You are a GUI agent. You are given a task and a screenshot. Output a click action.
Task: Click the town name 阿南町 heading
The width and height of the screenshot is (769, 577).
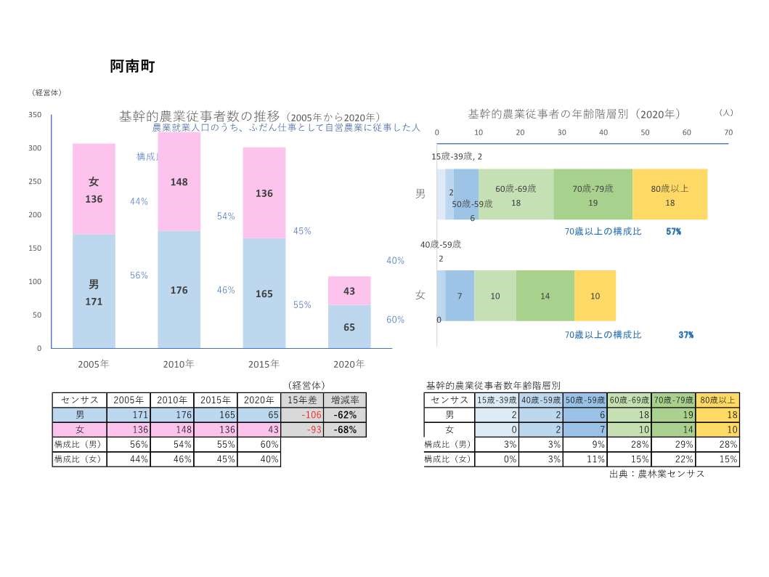(x=132, y=67)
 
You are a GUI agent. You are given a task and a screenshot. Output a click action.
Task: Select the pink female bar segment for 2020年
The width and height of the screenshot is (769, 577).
(x=349, y=291)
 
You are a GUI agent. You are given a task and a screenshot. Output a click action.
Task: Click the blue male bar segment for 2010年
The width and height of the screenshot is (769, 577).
(x=179, y=289)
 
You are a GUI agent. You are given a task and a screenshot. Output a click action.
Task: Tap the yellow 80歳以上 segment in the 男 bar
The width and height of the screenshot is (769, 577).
(x=670, y=194)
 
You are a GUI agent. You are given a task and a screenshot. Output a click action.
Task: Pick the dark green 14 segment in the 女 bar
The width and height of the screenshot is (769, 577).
(x=545, y=296)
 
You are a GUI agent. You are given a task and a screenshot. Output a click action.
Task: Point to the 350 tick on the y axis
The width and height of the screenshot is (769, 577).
(x=35, y=115)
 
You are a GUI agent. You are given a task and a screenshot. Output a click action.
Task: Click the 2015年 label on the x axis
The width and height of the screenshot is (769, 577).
(x=264, y=363)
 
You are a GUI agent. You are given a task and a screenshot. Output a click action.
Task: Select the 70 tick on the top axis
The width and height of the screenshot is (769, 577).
(x=728, y=132)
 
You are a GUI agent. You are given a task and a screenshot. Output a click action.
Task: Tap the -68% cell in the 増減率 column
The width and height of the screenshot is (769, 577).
(x=344, y=429)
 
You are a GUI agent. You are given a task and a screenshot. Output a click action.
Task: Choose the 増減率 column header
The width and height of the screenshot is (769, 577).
(x=344, y=400)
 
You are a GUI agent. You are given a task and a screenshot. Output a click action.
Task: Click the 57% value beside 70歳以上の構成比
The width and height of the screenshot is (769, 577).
(x=673, y=231)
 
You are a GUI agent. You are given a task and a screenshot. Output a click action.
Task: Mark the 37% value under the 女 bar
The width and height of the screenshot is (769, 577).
(x=685, y=335)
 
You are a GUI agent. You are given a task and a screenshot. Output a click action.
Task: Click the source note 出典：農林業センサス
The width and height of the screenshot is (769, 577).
(x=657, y=474)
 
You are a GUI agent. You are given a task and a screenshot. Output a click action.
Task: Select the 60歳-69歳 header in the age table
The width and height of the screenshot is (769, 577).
(x=629, y=400)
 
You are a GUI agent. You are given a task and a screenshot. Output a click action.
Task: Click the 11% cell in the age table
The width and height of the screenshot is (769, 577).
(x=585, y=459)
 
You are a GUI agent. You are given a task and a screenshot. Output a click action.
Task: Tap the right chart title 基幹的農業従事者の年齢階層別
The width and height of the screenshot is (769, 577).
(x=574, y=114)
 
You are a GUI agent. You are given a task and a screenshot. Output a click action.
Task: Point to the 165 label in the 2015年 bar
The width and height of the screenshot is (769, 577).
(x=264, y=294)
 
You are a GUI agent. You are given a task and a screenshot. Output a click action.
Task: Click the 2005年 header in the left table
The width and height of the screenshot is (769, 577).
(x=129, y=400)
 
